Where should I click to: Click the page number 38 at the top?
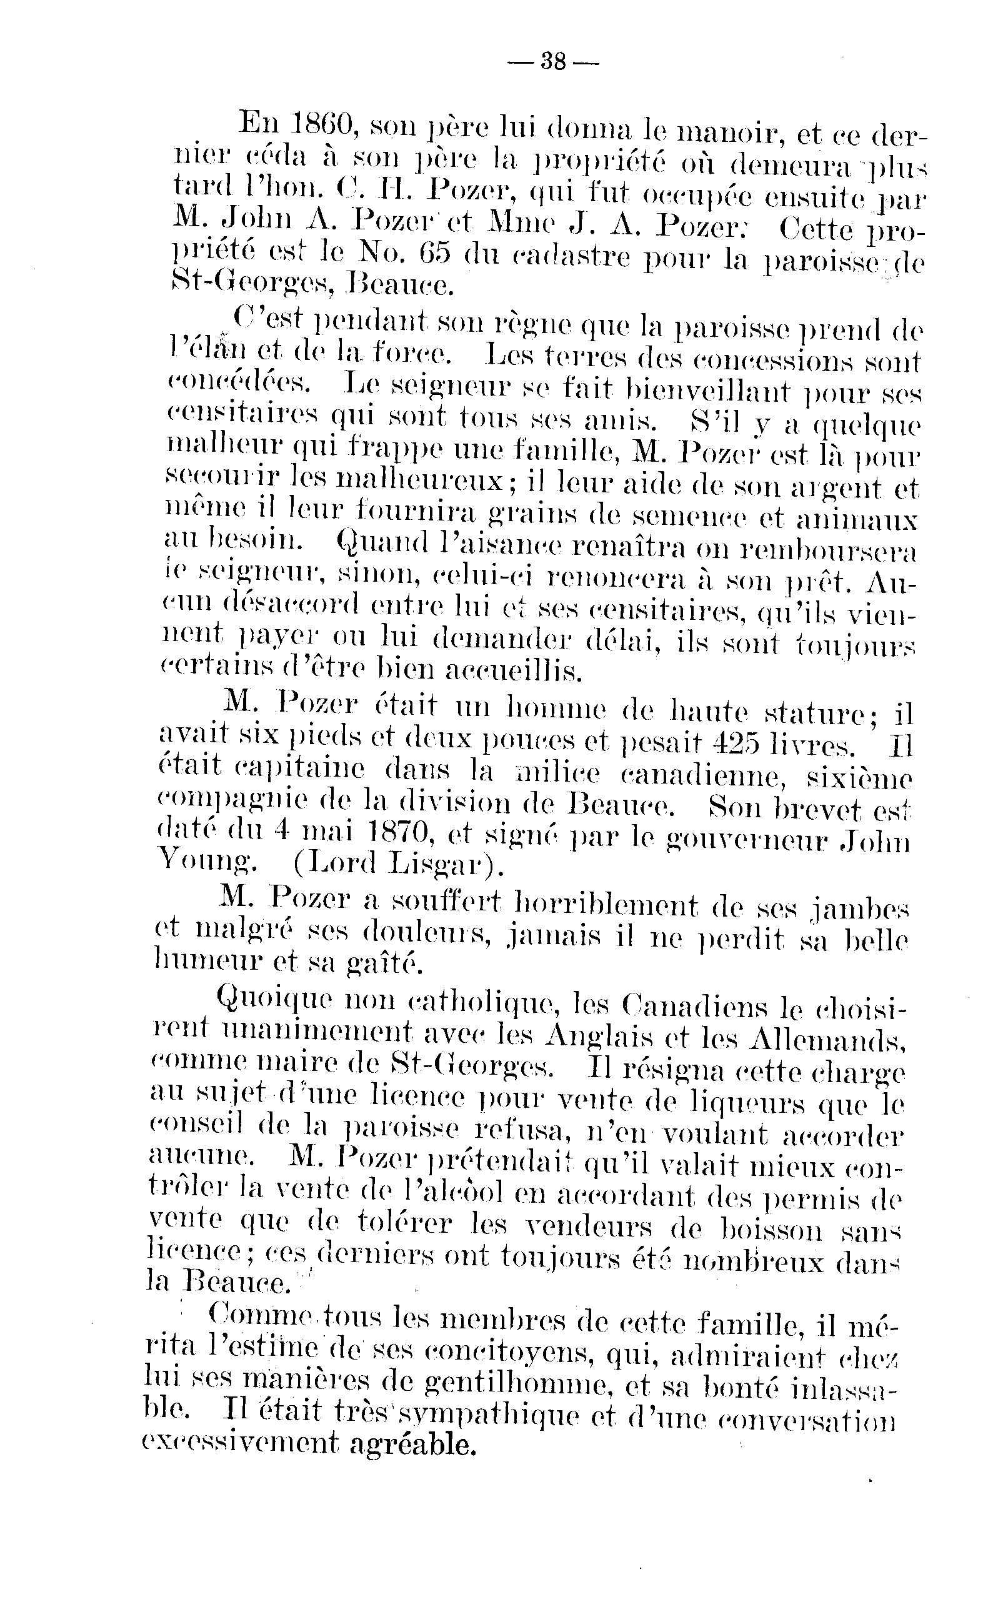click(553, 62)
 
